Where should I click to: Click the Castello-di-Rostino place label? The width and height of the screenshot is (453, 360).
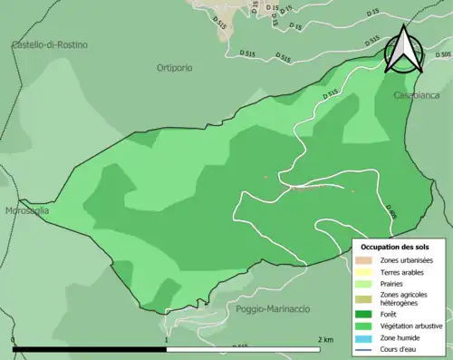(49, 44)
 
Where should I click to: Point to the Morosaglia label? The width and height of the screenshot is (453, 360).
(25, 210)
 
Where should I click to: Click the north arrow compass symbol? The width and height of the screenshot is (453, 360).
(403, 50)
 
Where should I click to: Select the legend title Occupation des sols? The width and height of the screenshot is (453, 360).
(395, 247)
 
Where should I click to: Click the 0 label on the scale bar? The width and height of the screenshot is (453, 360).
(14, 339)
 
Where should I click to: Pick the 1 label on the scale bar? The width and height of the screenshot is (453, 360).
(166, 339)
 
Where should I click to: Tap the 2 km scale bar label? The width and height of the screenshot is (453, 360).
(325, 339)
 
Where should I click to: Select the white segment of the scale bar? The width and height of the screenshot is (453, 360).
(242, 349)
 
